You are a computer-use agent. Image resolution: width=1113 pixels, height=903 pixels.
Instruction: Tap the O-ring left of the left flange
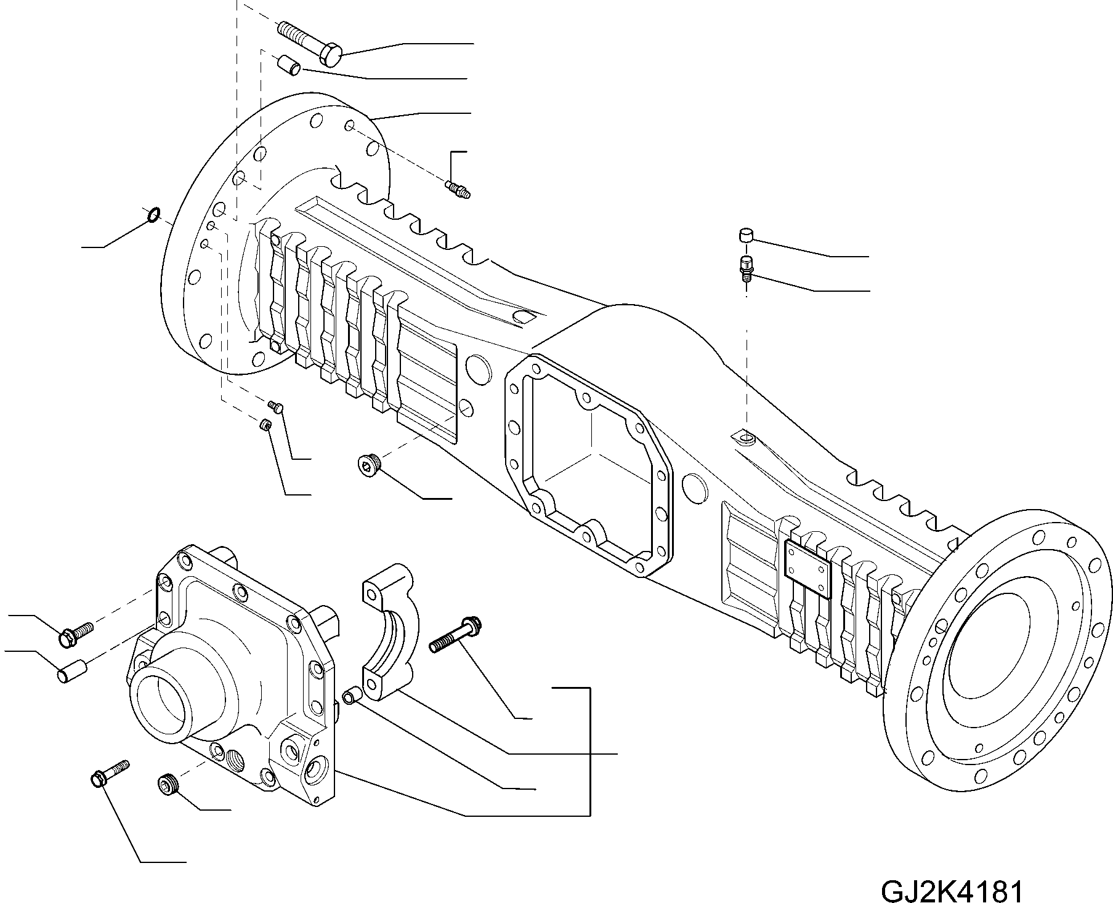(154, 214)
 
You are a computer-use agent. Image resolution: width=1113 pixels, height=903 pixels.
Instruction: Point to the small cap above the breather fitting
(746, 236)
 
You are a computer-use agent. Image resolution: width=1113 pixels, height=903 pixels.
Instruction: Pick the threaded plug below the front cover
(166, 785)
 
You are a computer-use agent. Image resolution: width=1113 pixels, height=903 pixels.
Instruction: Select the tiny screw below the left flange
(275, 406)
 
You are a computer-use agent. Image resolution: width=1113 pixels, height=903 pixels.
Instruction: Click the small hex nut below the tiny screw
(265, 425)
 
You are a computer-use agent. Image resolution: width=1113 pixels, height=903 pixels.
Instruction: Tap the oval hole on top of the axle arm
(522, 316)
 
